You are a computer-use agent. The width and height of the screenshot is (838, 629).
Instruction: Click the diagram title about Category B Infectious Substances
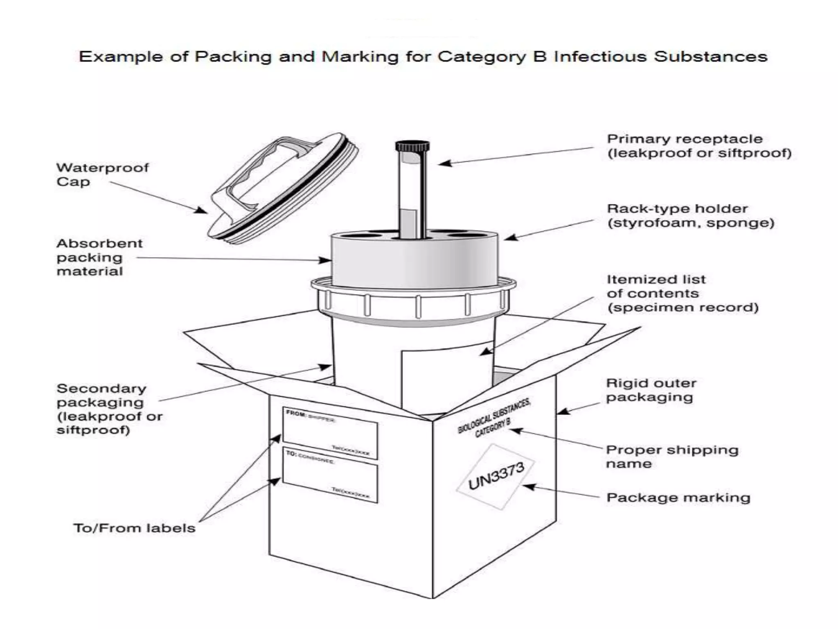click(x=423, y=57)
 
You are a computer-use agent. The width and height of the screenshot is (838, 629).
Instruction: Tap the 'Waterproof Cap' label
click(x=102, y=174)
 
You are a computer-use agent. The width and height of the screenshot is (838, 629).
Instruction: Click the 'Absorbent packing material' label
click(x=99, y=257)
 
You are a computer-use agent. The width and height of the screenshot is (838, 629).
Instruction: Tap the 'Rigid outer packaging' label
click(x=651, y=390)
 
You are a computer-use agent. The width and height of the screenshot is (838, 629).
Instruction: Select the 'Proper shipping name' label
click(x=672, y=457)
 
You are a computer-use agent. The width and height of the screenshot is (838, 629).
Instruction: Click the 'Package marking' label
click(x=678, y=498)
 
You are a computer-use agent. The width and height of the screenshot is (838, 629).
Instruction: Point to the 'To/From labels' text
click(x=134, y=528)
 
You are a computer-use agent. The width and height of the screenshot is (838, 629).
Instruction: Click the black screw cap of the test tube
click(x=412, y=146)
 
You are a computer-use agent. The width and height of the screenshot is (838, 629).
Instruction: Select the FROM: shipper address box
click(x=330, y=433)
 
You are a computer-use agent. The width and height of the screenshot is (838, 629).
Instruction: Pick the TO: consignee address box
click(x=330, y=475)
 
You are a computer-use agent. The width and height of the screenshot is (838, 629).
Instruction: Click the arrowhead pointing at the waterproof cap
click(x=201, y=210)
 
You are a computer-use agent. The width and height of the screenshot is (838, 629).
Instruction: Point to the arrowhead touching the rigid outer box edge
click(x=563, y=411)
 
